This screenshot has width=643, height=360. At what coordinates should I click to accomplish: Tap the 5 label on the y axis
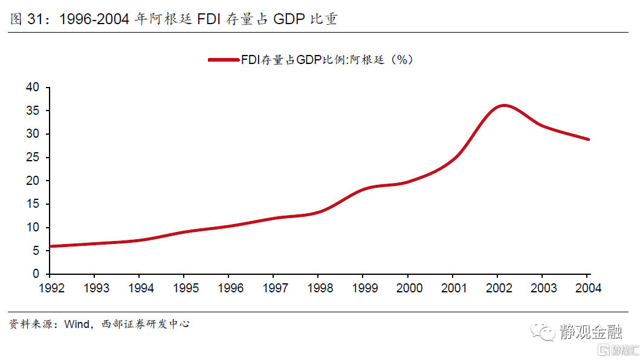click(36, 251)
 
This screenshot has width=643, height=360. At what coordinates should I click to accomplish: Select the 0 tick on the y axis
click(36, 274)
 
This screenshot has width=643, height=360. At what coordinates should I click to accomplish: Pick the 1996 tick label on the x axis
click(230, 288)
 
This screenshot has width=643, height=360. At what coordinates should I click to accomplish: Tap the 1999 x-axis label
click(364, 288)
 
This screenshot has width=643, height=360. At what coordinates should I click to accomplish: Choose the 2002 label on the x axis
click(499, 288)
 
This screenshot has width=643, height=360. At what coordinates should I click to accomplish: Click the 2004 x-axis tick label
click(589, 288)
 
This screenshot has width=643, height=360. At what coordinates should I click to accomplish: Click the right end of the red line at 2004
click(589, 140)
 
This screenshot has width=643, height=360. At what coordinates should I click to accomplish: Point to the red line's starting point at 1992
click(51, 246)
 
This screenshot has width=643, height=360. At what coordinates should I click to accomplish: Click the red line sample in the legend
click(222, 60)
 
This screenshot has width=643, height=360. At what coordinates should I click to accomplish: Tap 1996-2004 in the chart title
click(95, 19)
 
